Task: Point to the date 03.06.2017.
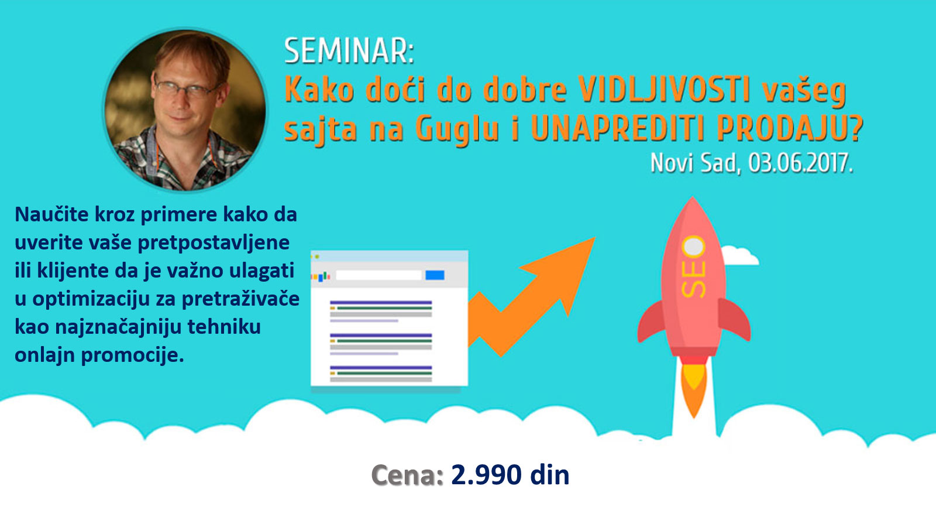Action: [x=800, y=163]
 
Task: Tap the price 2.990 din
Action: [x=510, y=475]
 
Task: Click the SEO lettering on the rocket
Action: [x=694, y=266]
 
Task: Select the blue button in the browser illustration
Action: [x=435, y=275]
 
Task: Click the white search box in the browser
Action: [x=378, y=275]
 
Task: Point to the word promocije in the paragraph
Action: [x=132, y=356]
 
